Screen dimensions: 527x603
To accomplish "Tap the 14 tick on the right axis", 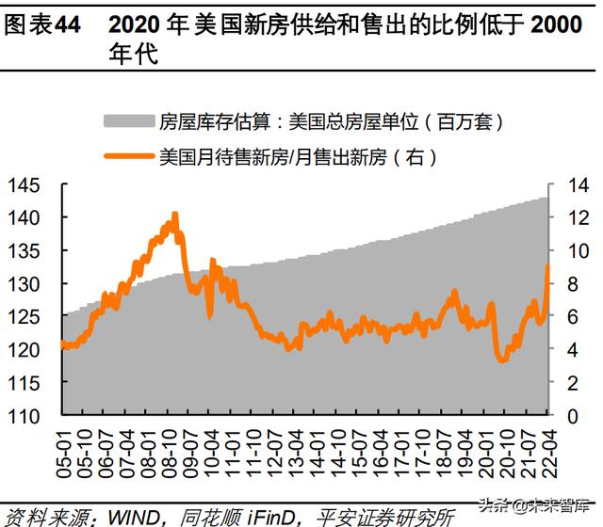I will pos(568,184).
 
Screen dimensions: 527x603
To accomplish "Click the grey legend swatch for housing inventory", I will pos(127,121).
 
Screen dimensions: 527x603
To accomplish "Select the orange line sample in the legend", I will pos(127,155).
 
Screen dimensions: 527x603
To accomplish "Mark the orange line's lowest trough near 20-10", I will pos(501,360).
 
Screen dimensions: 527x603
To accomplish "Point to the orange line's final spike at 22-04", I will pos(547,266).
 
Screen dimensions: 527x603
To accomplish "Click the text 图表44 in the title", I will pos(41,24).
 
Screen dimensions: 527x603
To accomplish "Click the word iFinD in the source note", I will pos(275,517).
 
